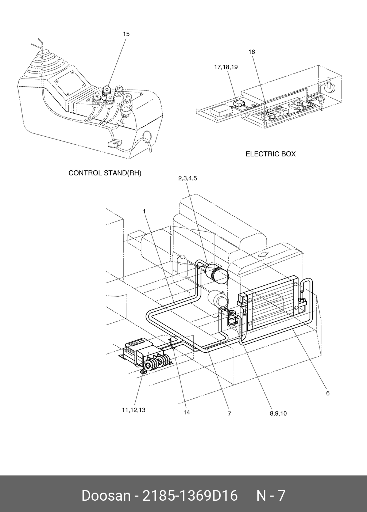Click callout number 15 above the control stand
(x=126, y=34)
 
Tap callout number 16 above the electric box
(x=252, y=52)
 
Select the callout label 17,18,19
(x=226, y=67)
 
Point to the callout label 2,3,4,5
(x=188, y=178)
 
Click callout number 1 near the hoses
(x=144, y=212)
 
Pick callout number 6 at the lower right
(x=328, y=393)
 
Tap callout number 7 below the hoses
(x=229, y=414)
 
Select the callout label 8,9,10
(x=278, y=413)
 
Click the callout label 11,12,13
(x=134, y=410)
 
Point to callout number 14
(x=186, y=412)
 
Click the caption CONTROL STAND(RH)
(x=105, y=173)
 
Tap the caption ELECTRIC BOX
(x=270, y=154)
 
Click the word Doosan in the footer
(x=106, y=496)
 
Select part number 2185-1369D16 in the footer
(x=190, y=496)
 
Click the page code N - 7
(x=271, y=496)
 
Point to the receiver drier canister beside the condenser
(x=232, y=319)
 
